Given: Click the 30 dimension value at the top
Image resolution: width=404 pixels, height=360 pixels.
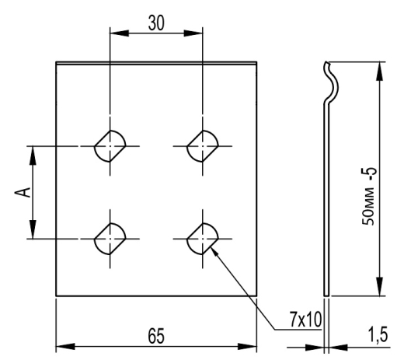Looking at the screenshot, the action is click(156, 23).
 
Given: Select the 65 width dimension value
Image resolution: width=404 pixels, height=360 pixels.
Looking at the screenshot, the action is click(156, 336).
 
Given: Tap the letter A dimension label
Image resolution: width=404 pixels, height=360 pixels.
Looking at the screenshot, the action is click(23, 192).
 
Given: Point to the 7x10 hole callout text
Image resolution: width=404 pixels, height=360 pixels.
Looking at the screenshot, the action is click(305, 320).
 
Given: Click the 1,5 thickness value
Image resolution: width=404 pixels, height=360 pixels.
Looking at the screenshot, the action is click(378, 335).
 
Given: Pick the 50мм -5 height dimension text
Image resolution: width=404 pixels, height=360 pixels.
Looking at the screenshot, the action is click(368, 196).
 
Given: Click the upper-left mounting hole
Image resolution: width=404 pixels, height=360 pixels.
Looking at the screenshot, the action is click(110, 146).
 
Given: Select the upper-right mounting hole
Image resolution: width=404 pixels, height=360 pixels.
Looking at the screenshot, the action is click(203, 146).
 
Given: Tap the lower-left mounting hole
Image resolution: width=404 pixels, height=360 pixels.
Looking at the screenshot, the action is click(110, 239).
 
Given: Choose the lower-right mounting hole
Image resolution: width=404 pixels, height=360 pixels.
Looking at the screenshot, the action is click(203, 239).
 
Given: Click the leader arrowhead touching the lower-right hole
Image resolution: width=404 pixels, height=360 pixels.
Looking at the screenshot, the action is click(215, 252).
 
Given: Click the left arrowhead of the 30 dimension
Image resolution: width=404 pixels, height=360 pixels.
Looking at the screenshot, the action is click(120, 33).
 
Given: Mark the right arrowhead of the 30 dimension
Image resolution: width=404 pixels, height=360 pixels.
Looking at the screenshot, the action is click(193, 33).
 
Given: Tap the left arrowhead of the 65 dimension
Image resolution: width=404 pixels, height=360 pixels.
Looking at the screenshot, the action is click(65, 346).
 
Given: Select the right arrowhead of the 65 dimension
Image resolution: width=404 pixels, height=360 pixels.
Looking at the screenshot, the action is click(247, 346).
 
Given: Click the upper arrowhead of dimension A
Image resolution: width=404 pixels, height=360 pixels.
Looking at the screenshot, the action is click(33, 156).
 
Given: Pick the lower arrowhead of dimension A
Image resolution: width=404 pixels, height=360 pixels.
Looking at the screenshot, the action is click(33, 229).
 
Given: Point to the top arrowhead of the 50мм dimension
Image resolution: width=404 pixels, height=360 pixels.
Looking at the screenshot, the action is click(379, 71).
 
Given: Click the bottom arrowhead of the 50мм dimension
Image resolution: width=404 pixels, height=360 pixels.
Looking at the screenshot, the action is click(379, 286).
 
